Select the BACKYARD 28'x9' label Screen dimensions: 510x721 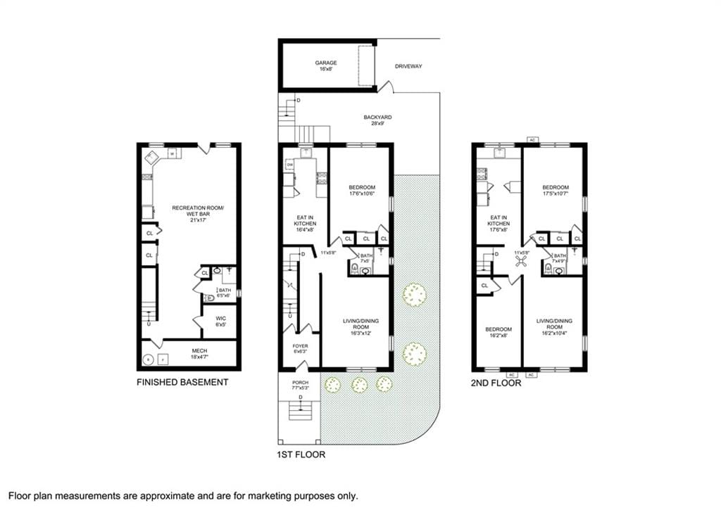377,120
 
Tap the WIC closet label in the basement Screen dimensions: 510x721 220,321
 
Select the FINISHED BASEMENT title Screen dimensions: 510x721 183,383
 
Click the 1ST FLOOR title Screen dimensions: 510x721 301,455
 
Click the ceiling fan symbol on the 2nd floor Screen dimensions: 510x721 522,262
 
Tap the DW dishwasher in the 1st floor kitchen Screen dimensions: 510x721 289,165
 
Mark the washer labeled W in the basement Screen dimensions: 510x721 172,154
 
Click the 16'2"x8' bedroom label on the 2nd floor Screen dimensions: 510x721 498,333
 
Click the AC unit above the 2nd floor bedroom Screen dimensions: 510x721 532,140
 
